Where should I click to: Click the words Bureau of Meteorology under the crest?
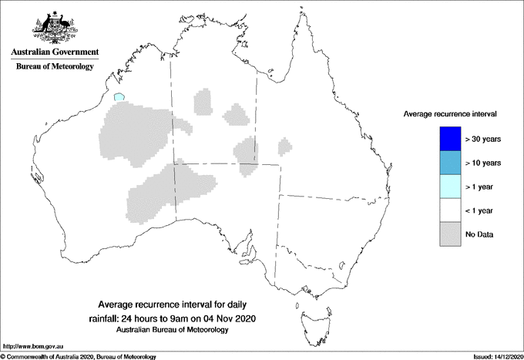coord(54,67)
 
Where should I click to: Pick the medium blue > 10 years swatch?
coord(448,162)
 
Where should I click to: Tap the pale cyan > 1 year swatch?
coord(448,186)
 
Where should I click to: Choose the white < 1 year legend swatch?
coord(448,210)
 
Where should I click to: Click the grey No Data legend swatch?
coord(448,234)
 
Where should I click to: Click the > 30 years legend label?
coord(484,139)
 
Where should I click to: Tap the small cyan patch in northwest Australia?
coord(119,98)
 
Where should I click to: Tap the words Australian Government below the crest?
coord(54,52)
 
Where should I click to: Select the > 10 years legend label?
coord(484,163)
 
